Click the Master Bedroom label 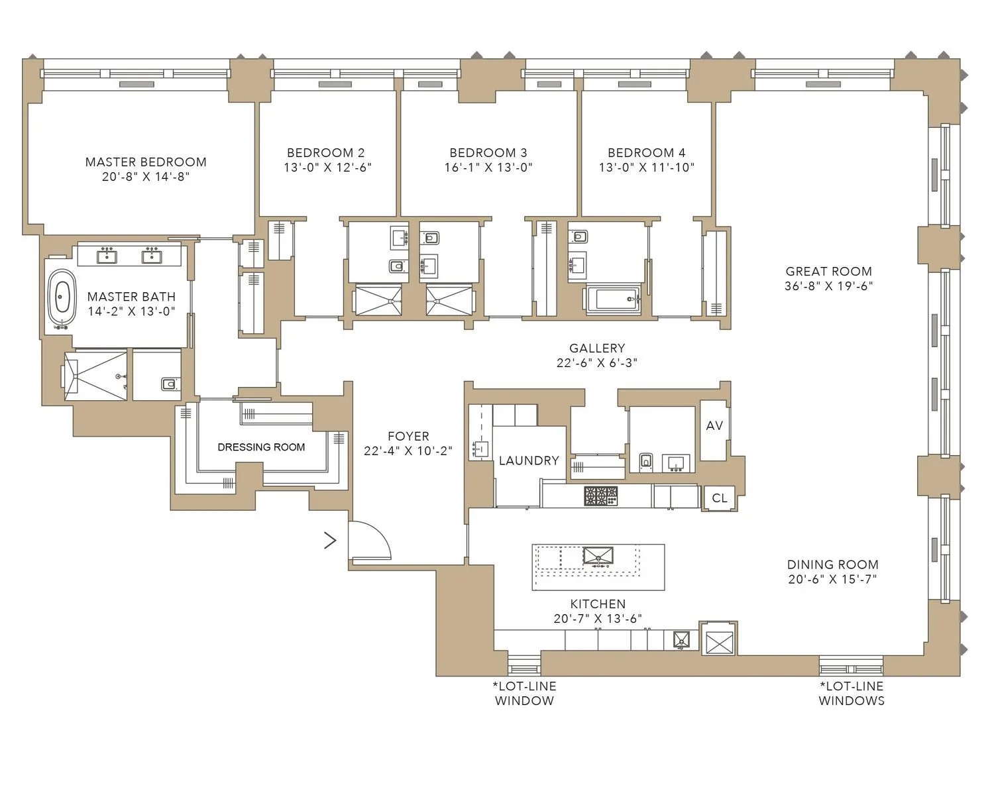coord(146,162)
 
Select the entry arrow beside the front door coord(330,541)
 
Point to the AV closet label coord(714,425)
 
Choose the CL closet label coord(719,498)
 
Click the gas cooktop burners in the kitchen coord(600,496)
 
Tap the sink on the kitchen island coord(598,556)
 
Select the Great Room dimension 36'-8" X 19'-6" coord(828,286)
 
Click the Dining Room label coord(832,564)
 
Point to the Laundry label coord(529,460)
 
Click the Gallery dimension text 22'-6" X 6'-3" coord(597,363)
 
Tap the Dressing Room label coord(261,447)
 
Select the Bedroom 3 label coord(488,152)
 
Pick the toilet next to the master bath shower coord(168,384)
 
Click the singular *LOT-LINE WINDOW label coord(524,693)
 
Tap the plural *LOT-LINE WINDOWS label coord(851,693)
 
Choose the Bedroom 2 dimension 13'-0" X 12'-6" coord(327,168)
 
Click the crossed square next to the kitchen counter coord(719,641)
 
